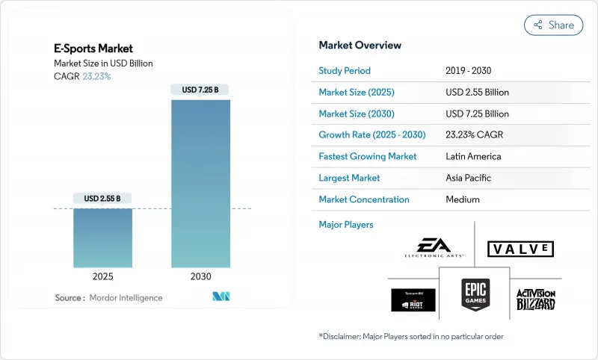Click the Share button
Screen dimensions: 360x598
554,25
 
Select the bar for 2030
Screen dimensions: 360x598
200,183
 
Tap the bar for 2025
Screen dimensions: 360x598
102,238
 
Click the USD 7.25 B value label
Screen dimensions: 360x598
200,90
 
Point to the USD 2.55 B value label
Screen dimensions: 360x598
102,199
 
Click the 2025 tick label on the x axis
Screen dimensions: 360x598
102,276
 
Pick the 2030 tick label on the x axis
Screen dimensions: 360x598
200,276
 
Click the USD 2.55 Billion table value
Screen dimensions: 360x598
476,93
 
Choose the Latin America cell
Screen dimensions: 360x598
472,157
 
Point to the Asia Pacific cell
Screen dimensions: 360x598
469,178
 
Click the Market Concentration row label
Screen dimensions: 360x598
364,199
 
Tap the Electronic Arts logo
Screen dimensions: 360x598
430,247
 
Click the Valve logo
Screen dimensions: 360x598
520,249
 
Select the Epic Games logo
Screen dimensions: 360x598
475,294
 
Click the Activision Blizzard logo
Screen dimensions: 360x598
535,300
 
